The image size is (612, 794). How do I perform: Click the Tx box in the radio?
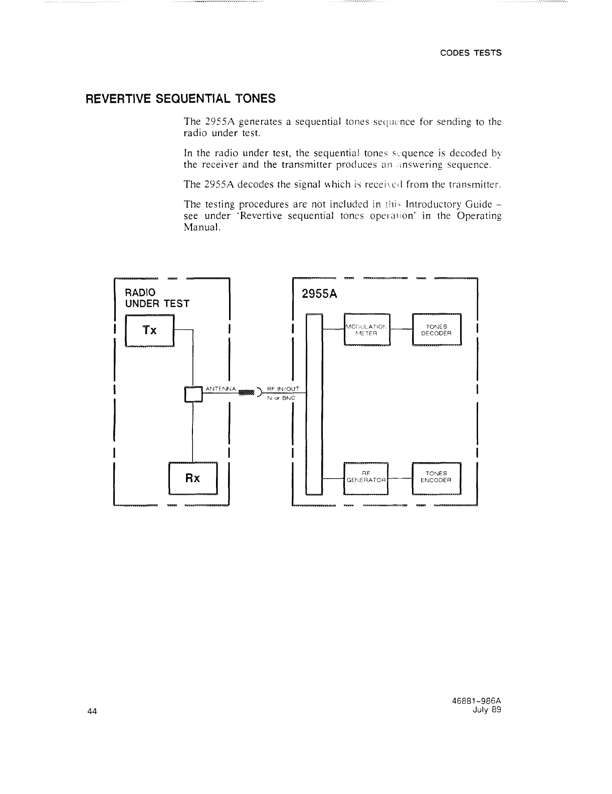(x=149, y=330)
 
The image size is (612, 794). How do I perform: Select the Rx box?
(x=193, y=478)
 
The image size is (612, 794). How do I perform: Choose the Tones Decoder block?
(x=436, y=329)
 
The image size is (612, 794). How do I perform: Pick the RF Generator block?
(x=366, y=477)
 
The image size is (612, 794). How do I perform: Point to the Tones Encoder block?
(x=436, y=477)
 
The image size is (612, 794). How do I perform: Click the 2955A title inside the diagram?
(x=319, y=294)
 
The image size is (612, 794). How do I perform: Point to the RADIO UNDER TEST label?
(x=157, y=298)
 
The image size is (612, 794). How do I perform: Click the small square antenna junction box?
(x=193, y=394)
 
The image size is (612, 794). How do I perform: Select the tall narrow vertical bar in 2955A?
(x=313, y=404)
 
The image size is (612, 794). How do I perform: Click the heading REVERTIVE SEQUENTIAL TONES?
(x=181, y=98)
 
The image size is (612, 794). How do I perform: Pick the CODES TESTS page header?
(x=471, y=53)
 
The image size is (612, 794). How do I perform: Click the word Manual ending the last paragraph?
(x=202, y=227)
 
